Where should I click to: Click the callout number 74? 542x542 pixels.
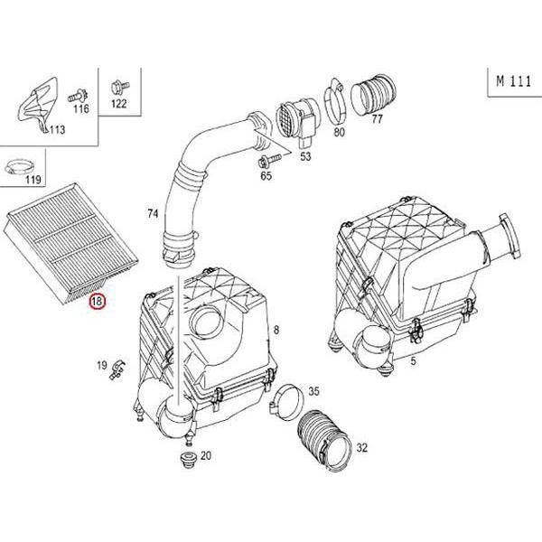tap(153, 214)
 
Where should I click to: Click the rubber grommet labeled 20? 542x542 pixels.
tap(185, 465)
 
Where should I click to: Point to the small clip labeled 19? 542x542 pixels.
tap(118, 368)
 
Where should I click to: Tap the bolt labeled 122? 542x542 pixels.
tap(117, 88)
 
